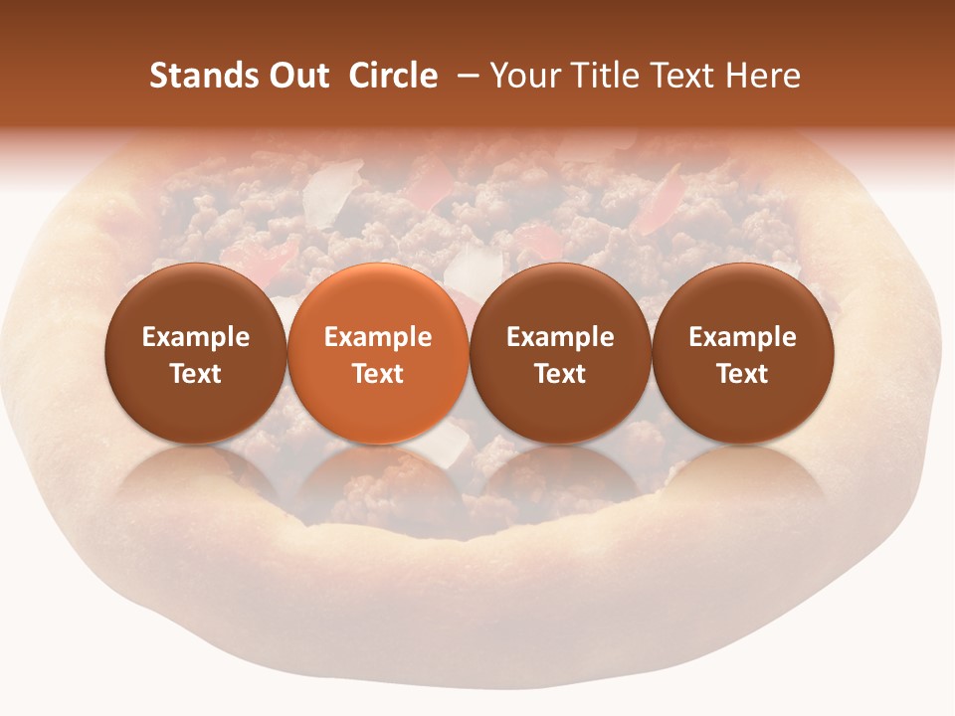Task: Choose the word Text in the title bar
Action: pyautogui.click(x=685, y=76)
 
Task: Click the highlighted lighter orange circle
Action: pyautogui.click(x=378, y=353)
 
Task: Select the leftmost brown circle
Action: pyautogui.click(x=196, y=353)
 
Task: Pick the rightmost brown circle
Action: pyautogui.click(x=743, y=353)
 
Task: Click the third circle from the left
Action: pyautogui.click(x=560, y=353)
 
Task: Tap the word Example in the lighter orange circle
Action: pyautogui.click(x=378, y=337)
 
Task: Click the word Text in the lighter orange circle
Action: pyautogui.click(x=378, y=374)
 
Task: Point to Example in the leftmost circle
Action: pyautogui.click(x=196, y=337)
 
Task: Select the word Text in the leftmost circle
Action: pyautogui.click(x=196, y=374)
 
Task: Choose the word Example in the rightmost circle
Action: pyautogui.click(x=743, y=337)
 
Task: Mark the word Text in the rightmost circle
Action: pyautogui.click(x=743, y=374)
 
